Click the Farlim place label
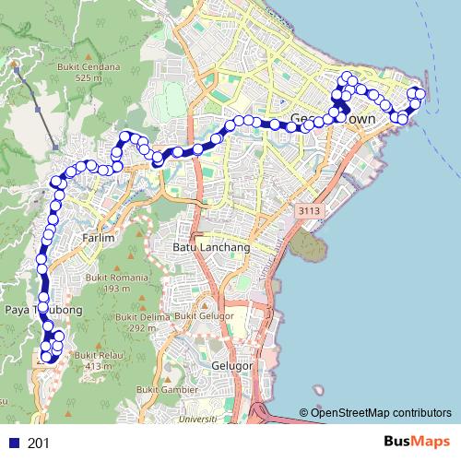(x=98, y=238)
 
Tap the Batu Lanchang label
(x=211, y=247)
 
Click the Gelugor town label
(x=231, y=365)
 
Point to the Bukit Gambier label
(x=163, y=390)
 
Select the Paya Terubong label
(x=41, y=310)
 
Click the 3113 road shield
(x=309, y=212)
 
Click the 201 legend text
(x=39, y=443)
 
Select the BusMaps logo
(x=415, y=443)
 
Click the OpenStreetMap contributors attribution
(x=381, y=412)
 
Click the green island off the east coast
(x=306, y=244)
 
